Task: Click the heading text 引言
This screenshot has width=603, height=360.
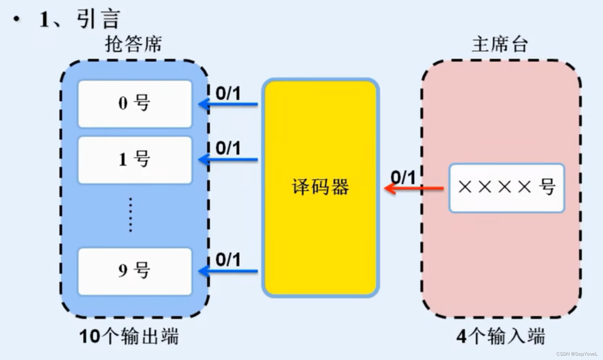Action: coord(98,19)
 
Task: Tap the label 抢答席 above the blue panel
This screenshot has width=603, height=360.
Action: coord(133,44)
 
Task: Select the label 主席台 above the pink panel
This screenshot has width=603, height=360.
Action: coord(500,44)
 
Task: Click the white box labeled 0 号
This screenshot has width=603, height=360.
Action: coord(135,104)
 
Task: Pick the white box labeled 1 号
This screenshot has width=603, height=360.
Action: coord(135,160)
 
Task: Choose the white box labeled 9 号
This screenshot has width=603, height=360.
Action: coord(135,271)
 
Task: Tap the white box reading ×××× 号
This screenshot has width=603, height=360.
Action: coord(507,188)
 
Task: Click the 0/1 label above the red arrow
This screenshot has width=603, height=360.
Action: coord(403,177)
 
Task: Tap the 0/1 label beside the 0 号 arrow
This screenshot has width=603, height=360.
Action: coord(228,93)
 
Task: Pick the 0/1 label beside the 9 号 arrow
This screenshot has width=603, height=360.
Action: coord(228,260)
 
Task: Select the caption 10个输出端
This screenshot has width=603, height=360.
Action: coord(129,336)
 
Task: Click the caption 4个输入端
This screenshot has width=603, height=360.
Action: coord(501,336)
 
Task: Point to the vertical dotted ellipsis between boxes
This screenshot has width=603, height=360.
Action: coord(130,215)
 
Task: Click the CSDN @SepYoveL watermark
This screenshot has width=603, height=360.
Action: coord(576,354)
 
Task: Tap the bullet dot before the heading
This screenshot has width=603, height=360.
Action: coord(17,19)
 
